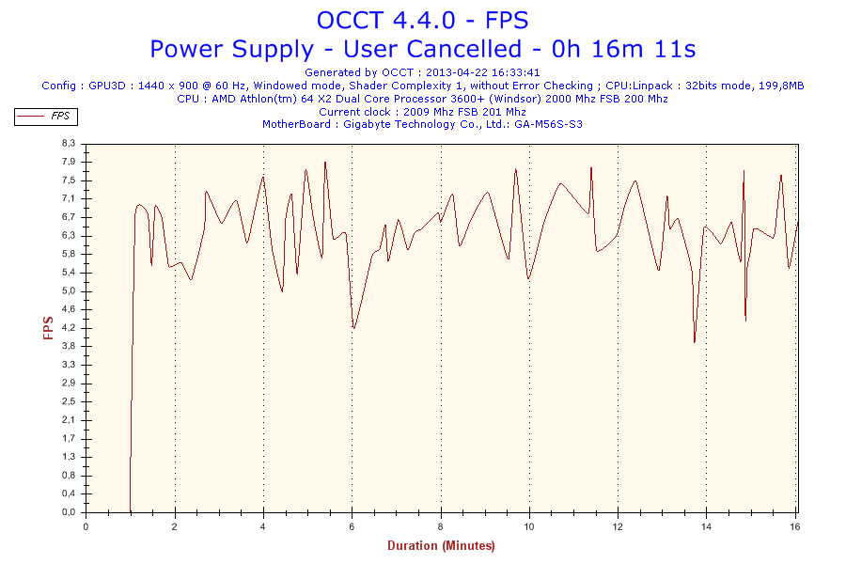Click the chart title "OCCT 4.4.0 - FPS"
[422, 20]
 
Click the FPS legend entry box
[45, 117]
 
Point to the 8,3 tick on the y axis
[68, 143]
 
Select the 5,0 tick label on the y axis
[68, 290]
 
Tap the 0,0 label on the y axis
[68, 512]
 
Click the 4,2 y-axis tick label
[68, 328]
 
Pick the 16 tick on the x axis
[794, 526]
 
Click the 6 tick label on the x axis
[352, 526]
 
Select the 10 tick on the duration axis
[528, 526]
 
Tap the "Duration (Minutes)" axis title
[441, 545]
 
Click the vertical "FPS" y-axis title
[47, 327]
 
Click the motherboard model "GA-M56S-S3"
[548, 124]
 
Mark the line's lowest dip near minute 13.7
[695, 343]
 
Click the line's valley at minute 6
[353, 328]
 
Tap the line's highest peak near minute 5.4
[325, 162]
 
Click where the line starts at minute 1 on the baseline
[130, 511]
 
